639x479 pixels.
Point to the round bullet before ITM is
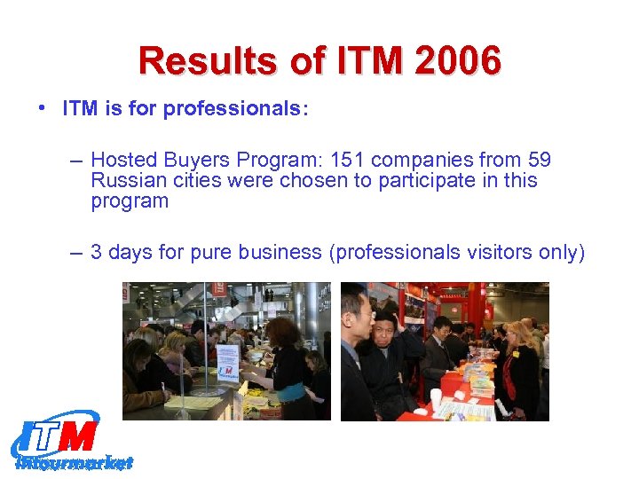coord(43,109)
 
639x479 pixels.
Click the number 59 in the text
coord(538,161)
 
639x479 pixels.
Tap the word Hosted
coord(123,161)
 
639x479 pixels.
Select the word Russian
coord(125,181)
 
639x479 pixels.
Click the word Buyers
coord(199,161)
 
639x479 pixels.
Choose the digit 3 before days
coord(97,253)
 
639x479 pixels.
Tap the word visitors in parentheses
coord(493,253)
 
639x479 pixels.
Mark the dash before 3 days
coord(75,253)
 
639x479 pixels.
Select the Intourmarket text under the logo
coord(75,462)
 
